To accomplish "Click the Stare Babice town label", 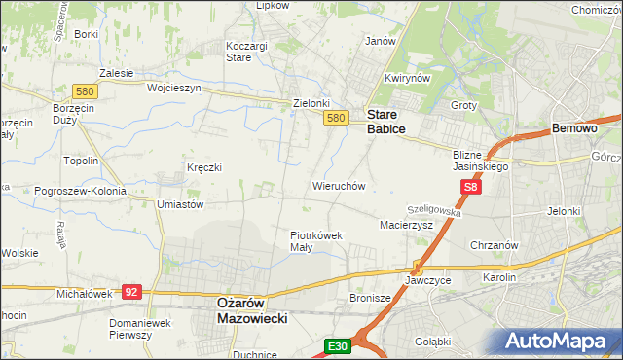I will pos(385,121).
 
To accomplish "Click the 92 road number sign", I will pos(132,291).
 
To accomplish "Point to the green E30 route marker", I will pos(337,345).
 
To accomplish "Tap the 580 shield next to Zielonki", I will pos(336,118).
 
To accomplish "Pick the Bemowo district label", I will pos(573,128).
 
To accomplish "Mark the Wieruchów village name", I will pos(338,185).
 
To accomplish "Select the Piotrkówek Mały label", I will pos(314,240).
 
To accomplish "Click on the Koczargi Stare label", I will pos(252,52).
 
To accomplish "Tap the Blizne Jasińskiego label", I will pos(481,161).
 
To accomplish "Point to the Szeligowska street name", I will pos(433,209).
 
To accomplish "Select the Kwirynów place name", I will pos(407,78).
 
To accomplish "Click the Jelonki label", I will pos(564,210).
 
